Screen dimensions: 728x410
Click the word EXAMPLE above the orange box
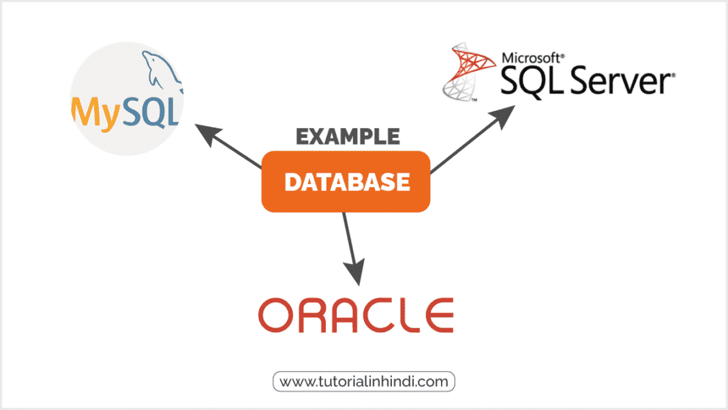coord(348,136)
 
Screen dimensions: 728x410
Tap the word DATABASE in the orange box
coord(347,181)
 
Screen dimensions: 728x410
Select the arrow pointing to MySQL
coord(228,146)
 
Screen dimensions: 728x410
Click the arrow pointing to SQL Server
coord(472,139)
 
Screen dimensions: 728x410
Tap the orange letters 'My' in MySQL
coord(96,113)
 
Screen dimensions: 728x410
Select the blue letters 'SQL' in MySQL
coord(151,112)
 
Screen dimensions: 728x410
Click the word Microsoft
coord(533,58)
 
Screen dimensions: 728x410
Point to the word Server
coord(622,80)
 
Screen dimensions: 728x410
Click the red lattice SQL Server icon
coord(468,72)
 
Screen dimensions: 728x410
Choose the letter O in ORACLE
coord(276,315)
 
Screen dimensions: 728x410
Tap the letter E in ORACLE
coord(439,315)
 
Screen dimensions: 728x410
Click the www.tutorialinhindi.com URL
coord(364,381)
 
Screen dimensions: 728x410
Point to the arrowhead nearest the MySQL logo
coord(207,134)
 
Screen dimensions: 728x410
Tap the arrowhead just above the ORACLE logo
coord(355,273)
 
